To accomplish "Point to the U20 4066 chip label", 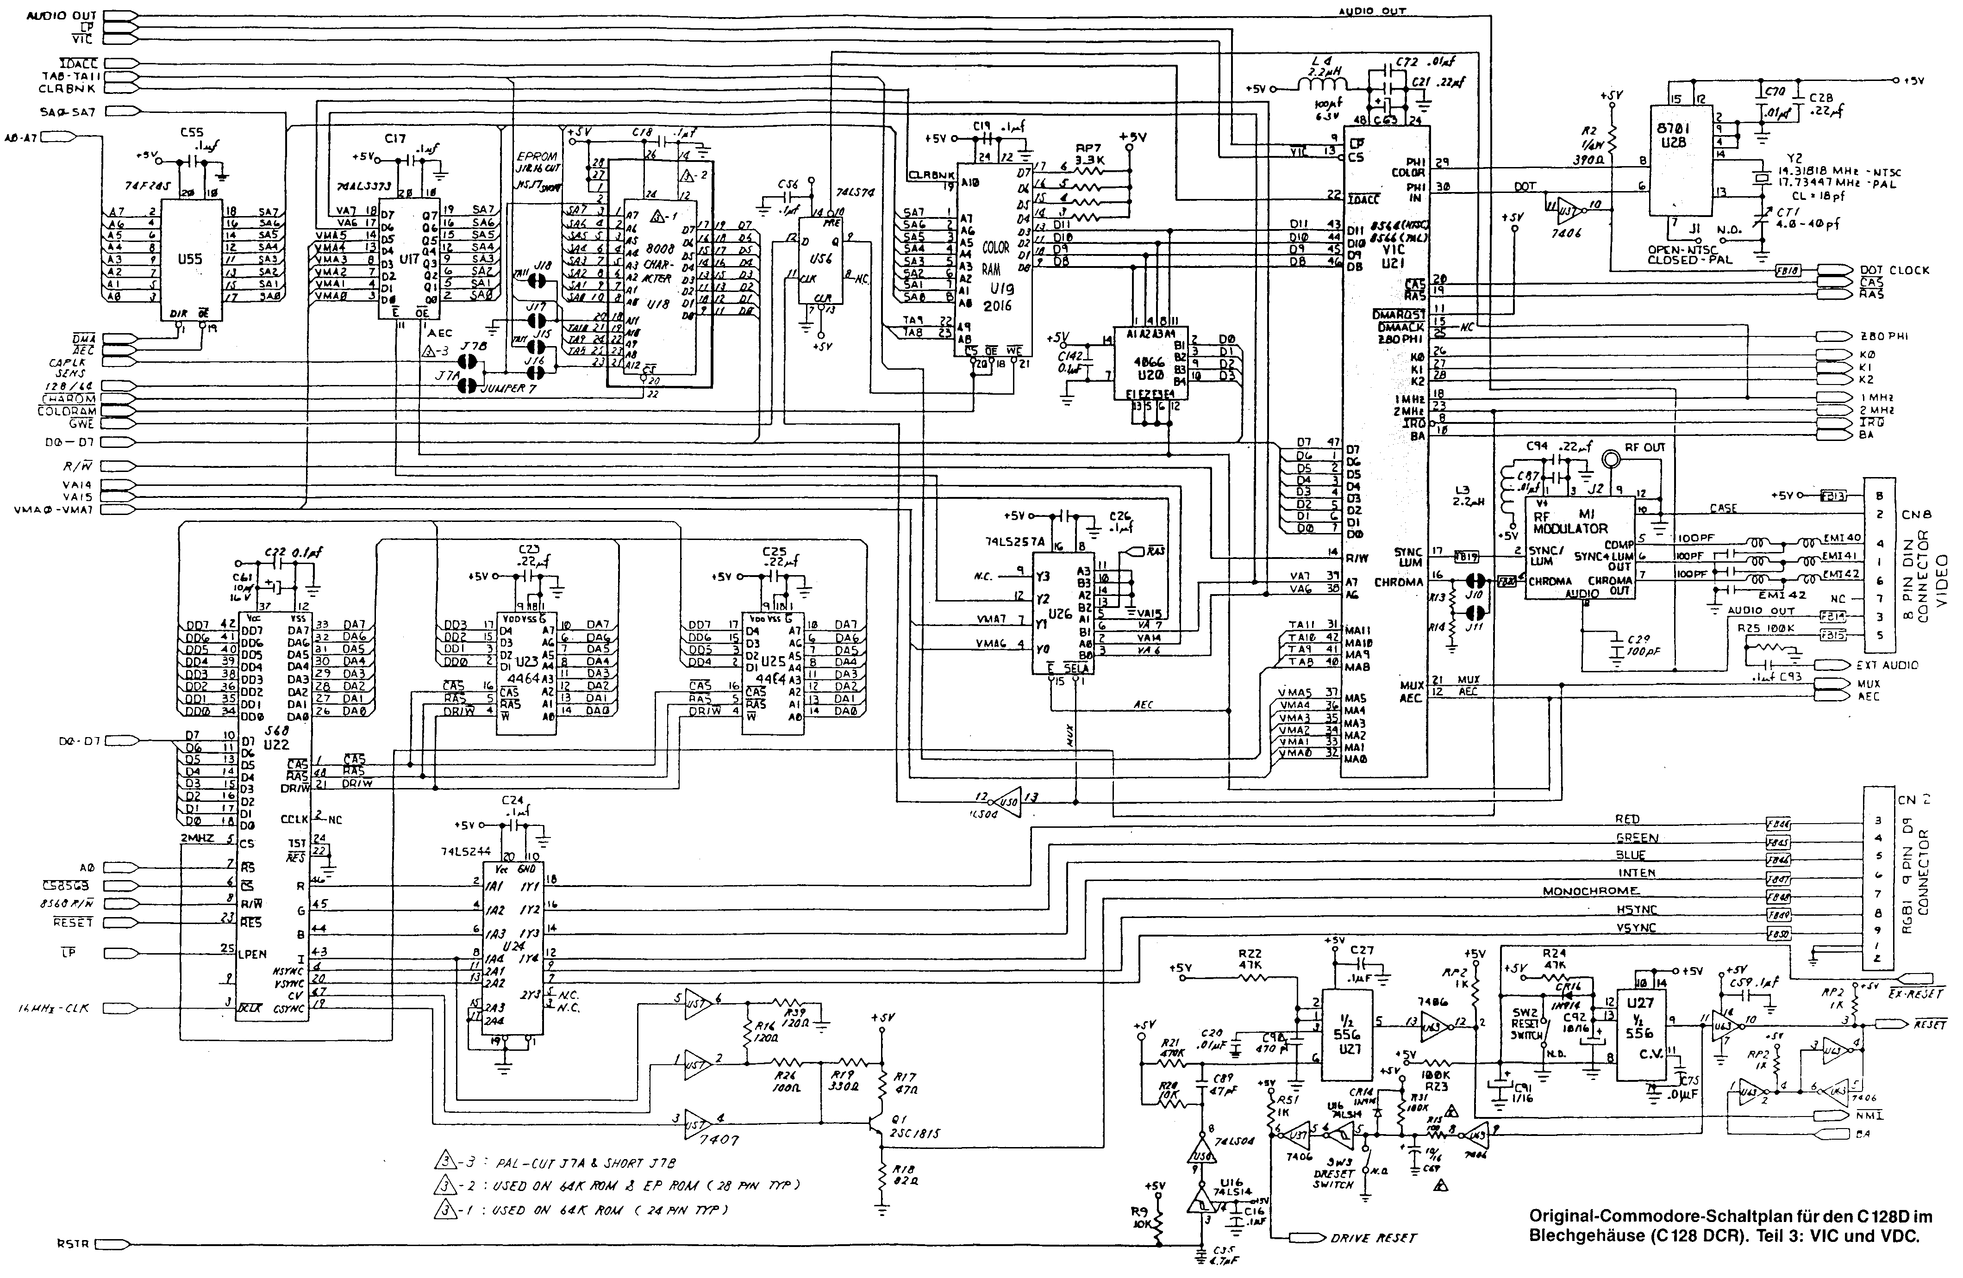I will pyautogui.click(x=1149, y=368).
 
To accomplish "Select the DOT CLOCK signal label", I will pyautogui.click(x=1894, y=270).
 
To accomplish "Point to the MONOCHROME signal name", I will pyautogui.click(x=1590, y=891).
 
